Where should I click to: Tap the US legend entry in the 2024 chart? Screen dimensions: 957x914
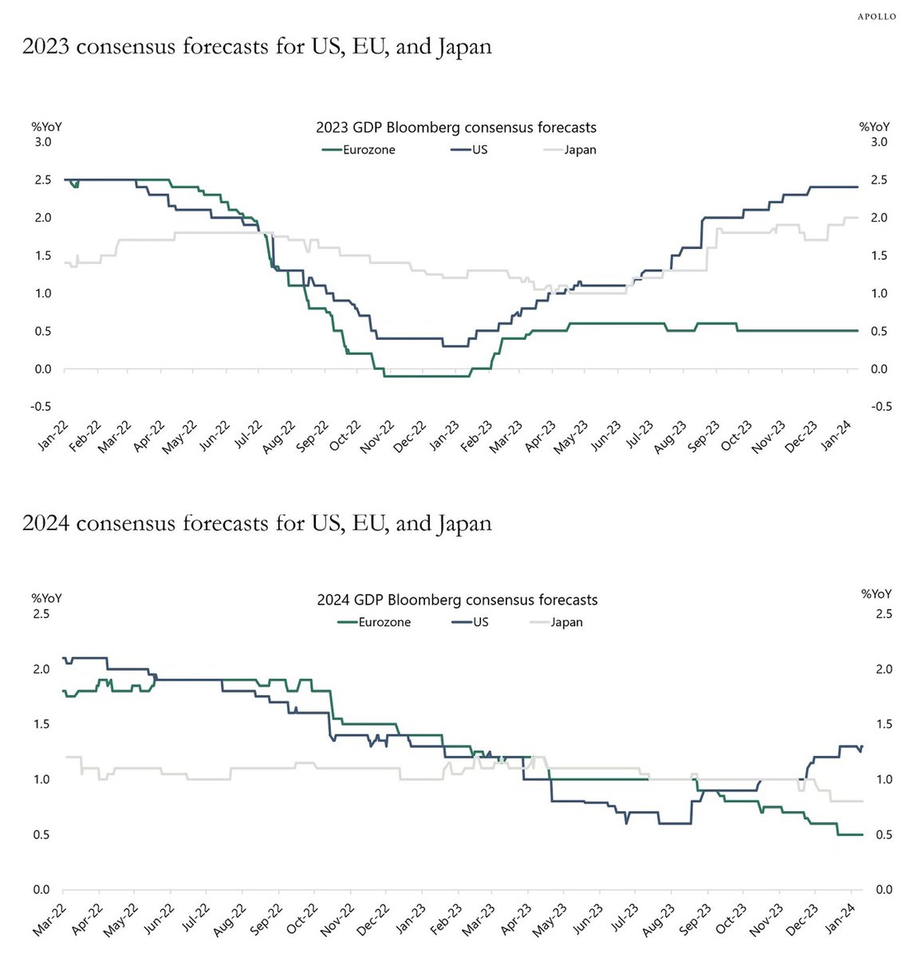tap(480, 622)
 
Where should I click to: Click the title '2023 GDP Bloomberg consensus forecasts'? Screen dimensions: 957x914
tap(456, 128)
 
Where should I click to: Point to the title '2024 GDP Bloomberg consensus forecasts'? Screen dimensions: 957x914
tap(457, 600)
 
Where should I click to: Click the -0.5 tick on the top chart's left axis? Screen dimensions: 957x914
tap(42, 407)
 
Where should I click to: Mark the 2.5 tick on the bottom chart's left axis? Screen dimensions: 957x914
tap(41, 614)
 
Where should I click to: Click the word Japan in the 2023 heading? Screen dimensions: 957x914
tap(464, 47)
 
